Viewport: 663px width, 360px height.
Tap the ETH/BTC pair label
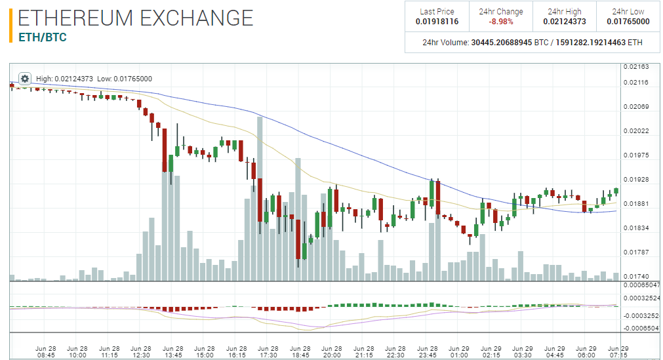click(43, 37)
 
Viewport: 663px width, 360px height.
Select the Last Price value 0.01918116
click(437, 22)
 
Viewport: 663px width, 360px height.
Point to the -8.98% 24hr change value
click(500, 22)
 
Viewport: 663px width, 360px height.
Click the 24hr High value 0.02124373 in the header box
click(564, 22)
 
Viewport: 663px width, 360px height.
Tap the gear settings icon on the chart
click(25, 79)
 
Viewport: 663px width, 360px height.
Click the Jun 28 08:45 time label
click(45, 351)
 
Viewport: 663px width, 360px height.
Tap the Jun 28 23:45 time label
click(428, 351)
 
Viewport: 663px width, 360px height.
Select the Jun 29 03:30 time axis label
click(523, 351)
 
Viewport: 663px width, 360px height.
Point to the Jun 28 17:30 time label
click(268, 351)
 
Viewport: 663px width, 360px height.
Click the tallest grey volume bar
click(260, 197)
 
